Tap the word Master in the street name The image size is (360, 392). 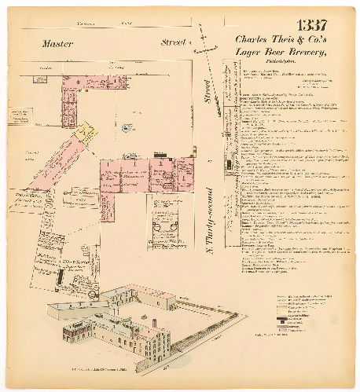(58, 44)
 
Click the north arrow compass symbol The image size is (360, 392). (207, 47)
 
